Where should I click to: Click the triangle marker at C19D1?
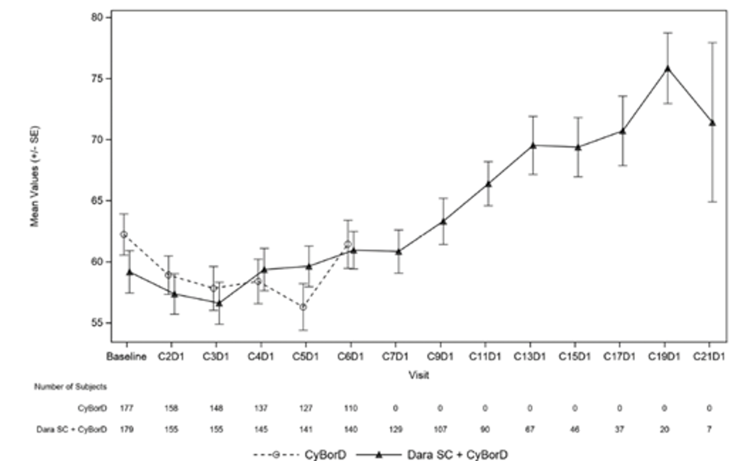668,69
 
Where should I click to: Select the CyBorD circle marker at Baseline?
124,234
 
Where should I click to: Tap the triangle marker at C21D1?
712,123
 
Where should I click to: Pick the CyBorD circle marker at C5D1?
303,307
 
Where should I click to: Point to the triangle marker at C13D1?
533,145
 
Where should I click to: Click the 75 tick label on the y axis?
97,78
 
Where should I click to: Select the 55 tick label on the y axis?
97,323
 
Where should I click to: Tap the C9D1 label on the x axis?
440,357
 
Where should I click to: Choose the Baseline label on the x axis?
126,357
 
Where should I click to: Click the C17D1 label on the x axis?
619,357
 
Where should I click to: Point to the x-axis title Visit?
419,375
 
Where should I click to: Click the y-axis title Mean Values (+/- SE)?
34,177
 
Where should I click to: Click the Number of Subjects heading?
70,386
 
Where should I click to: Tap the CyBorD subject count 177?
126,408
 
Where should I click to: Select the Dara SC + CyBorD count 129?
395,429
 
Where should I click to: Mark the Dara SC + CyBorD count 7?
709,429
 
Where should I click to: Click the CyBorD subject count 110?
350,408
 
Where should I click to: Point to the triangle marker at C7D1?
399,252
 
